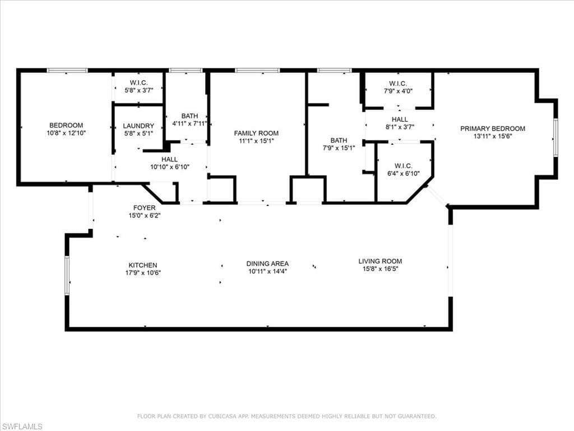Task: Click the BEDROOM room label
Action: click(66, 125)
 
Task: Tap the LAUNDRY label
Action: click(138, 126)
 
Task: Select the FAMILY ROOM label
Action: click(256, 134)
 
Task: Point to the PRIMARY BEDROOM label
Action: click(493, 129)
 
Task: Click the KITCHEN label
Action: click(143, 265)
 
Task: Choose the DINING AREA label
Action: click(267, 264)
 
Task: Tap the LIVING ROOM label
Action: click(380, 262)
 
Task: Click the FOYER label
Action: click(144, 208)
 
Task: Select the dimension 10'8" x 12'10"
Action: click(66, 133)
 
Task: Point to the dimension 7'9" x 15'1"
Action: click(339, 148)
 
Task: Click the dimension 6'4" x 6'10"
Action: click(404, 174)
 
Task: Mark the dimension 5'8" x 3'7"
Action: click(139, 90)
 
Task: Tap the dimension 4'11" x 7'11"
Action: click(189, 124)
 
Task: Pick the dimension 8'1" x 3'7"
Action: click(400, 127)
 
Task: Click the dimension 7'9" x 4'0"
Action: click(398, 91)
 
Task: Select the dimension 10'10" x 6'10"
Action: click(169, 167)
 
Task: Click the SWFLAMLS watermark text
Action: click(21, 427)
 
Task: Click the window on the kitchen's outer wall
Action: click(67, 275)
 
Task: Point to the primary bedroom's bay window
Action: click(556, 138)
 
